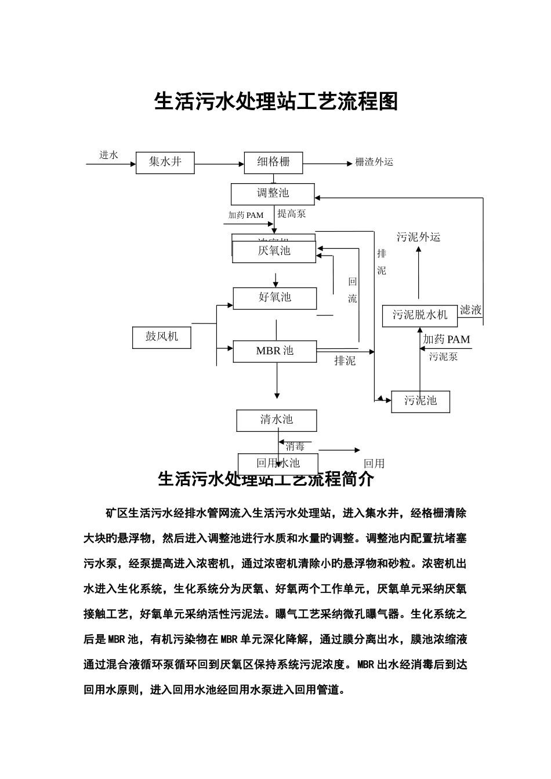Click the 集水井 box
pyautogui.click(x=165, y=162)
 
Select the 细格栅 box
pyautogui.click(x=274, y=162)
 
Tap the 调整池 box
pyautogui.click(x=273, y=194)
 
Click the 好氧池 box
pyautogui.click(x=275, y=298)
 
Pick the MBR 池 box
pyautogui.click(x=275, y=351)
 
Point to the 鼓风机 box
pyautogui.click(x=162, y=337)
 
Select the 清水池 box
pyautogui.click(x=277, y=420)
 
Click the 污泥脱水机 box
pyautogui.click(x=420, y=315)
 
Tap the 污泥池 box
pyautogui.click(x=420, y=401)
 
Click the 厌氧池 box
pyautogui.click(x=274, y=252)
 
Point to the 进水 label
pyautogui.click(x=108, y=155)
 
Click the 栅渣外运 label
pyautogui.click(x=374, y=162)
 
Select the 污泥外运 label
pyautogui.click(x=418, y=237)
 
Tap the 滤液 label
pyautogui.click(x=470, y=310)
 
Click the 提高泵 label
pyautogui.click(x=291, y=214)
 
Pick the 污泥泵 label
pyautogui.click(x=444, y=357)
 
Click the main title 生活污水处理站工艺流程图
pyautogui.click(x=276, y=102)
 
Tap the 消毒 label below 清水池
pyautogui.click(x=295, y=447)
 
